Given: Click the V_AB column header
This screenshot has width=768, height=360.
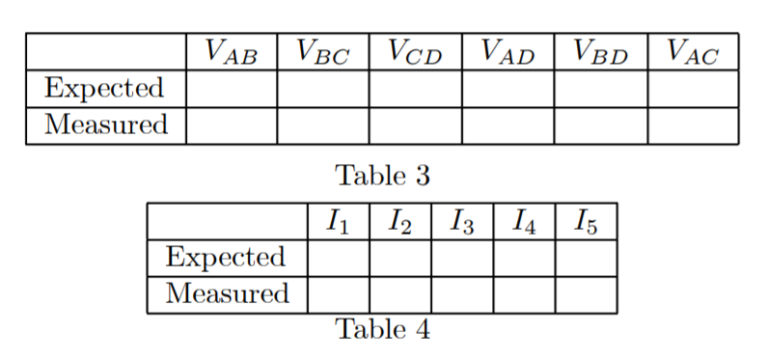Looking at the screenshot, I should point(232,52).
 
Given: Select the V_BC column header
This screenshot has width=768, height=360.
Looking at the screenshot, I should point(322,52).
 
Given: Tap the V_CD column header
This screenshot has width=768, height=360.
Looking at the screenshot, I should point(415,52).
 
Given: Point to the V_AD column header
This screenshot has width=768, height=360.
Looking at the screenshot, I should point(507,52).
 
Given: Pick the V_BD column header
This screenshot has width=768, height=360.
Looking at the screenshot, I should point(600,52).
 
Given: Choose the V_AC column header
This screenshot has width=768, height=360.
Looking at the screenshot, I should point(693,52).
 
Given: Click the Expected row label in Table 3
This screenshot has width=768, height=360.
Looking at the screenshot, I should point(105,89).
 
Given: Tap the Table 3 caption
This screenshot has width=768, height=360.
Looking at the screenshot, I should point(382,176).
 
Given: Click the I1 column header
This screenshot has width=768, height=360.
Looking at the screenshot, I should point(338,223).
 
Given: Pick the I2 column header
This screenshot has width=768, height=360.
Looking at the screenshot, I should point(399,223).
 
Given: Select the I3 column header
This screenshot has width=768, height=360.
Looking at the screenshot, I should point(461,223).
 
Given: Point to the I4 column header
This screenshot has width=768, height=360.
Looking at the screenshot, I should point(523,223).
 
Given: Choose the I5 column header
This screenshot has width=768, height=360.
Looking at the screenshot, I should point(586,223).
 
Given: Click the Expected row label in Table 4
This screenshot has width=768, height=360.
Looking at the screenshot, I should point(226,258).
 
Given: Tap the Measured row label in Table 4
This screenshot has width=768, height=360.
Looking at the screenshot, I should point(227,293).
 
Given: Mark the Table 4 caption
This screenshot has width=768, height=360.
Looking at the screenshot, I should point(382,329).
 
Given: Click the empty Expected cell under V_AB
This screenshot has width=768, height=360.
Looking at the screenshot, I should point(232,89).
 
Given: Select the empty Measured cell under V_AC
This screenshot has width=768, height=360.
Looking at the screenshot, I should point(693,125).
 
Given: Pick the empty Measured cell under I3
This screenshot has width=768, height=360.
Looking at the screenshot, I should point(461,293).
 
